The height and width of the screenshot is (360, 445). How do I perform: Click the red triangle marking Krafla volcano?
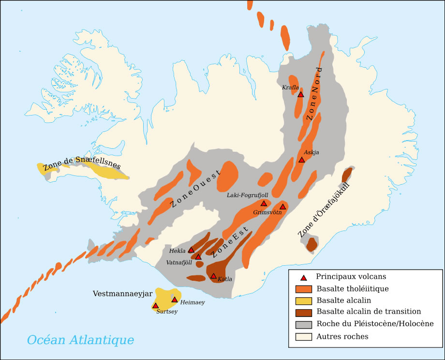point(300,95)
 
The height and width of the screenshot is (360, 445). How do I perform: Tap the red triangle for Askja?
point(301,159)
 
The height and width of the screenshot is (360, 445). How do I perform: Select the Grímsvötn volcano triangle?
point(283,207)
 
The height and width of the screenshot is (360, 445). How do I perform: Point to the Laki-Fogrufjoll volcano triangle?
point(264,203)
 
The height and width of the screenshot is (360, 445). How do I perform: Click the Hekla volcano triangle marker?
point(191,250)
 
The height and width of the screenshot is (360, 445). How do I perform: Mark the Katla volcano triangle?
point(213,276)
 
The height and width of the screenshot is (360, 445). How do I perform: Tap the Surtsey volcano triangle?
point(155,305)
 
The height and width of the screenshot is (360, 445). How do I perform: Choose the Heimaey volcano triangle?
point(175,300)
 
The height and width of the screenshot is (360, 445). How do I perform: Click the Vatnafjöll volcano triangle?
point(198,257)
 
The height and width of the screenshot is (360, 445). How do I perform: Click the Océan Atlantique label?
point(80,340)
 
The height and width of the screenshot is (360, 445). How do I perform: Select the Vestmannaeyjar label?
point(122,293)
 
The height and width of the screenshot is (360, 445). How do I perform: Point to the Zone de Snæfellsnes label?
point(81,163)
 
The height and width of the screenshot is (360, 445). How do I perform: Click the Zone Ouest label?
point(195,189)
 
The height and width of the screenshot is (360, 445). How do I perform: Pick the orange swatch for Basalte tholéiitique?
point(303,289)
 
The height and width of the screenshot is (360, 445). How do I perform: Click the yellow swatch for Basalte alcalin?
point(303,300)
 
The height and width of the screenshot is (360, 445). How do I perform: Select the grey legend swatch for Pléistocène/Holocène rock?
point(303,324)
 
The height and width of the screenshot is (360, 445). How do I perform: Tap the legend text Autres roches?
point(342,336)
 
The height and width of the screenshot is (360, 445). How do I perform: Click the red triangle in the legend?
point(303,277)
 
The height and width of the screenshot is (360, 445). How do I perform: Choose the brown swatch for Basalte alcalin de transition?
point(303,312)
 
